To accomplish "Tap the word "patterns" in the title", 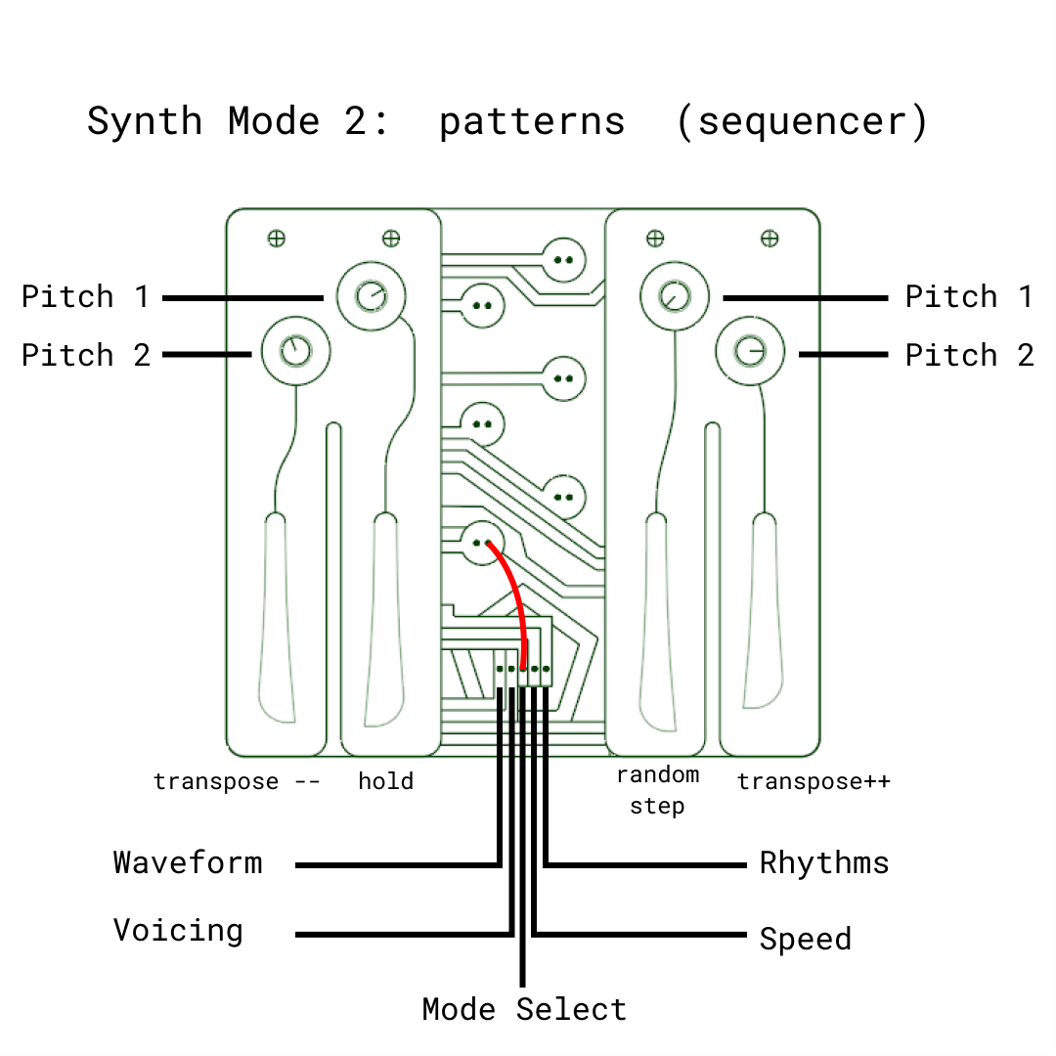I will point(531,122).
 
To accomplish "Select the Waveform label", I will point(188,862).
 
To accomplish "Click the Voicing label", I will point(178,930).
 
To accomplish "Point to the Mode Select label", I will point(524,1009).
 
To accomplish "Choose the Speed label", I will point(805,939).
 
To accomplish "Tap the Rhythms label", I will point(824,862).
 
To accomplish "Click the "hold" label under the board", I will point(385,781).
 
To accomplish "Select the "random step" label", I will point(657,790).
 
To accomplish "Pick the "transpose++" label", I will point(814,781).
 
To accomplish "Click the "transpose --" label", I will point(236,781).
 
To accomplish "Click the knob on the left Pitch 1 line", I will point(372,295).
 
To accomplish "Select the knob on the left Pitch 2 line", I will point(295,350).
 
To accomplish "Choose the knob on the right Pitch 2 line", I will point(750,350).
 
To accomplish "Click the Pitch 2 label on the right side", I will point(969,355).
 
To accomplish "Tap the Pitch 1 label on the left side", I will point(86,296).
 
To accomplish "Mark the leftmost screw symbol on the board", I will point(277,238).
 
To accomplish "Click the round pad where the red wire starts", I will point(481,542).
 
